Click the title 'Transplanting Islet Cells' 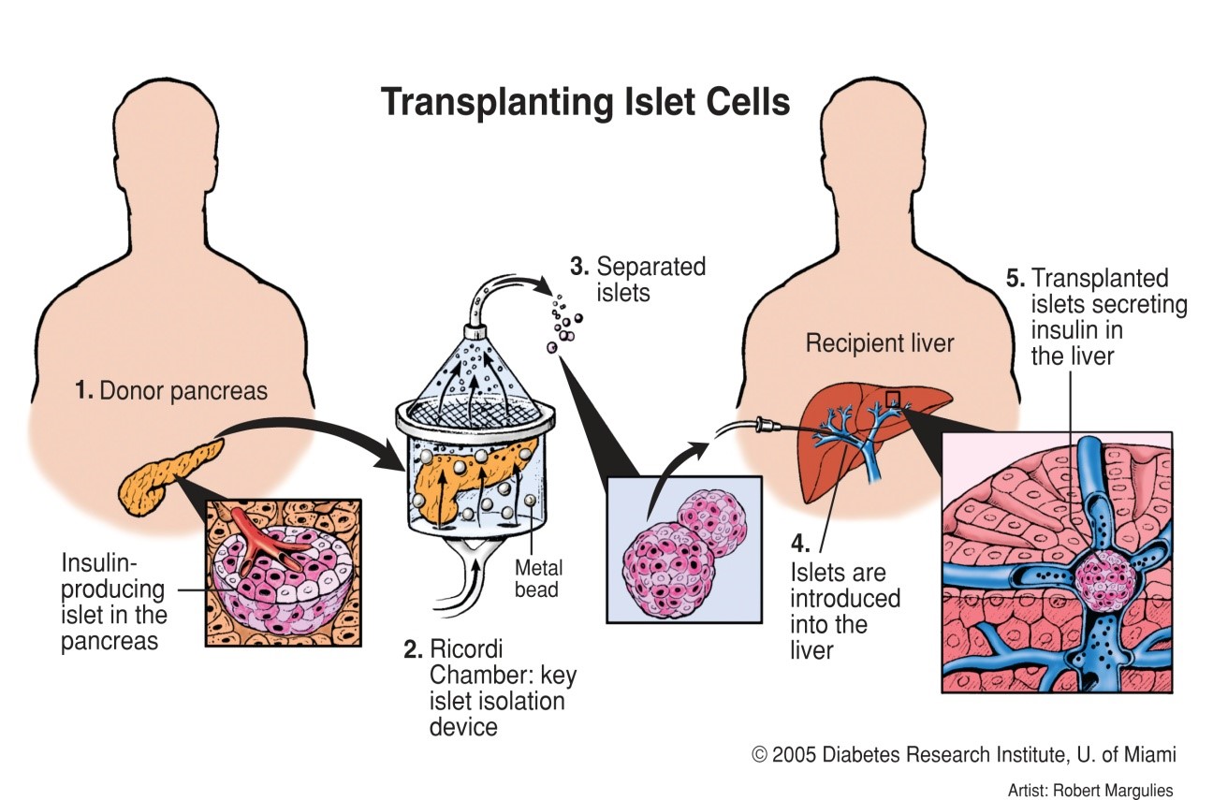tap(585, 102)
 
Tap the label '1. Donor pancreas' tap(171, 391)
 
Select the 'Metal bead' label tap(538, 578)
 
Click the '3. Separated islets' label tap(638, 279)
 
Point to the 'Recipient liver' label tap(880, 343)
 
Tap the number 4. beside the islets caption tap(800, 543)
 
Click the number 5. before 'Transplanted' tap(1016, 278)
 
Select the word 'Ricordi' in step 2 tap(466, 649)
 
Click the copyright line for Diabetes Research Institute tap(964, 754)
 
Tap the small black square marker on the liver tap(892, 400)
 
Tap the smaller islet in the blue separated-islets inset tap(711, 522)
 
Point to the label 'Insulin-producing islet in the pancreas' tap(114, 602)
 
